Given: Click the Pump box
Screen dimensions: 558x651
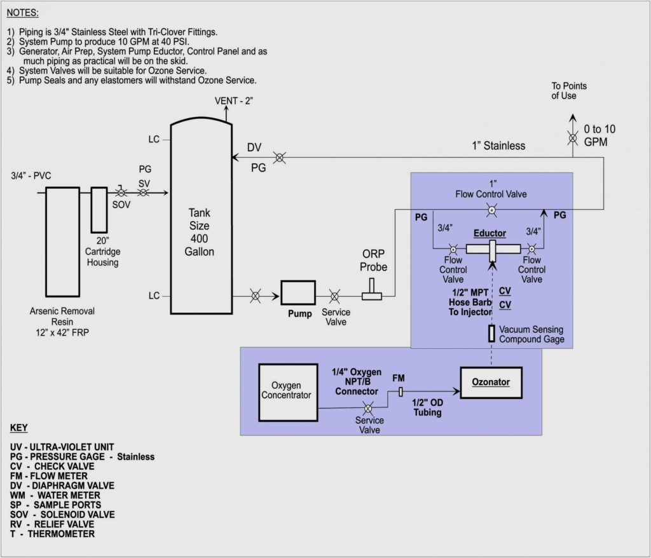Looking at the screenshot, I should [298, 295].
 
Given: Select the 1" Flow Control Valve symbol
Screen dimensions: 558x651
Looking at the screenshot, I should [491, 209].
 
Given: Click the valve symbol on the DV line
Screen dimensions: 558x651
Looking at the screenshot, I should [278, 156].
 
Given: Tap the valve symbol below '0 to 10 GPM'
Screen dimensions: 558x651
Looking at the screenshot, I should [573, 137].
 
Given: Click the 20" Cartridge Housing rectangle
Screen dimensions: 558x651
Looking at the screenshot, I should [99, 209].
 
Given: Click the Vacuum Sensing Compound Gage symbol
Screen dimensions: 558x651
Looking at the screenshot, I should [491, 334].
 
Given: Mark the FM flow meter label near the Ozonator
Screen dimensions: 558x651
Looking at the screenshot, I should [399, 378].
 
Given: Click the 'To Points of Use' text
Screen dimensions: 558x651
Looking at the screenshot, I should [569, 90].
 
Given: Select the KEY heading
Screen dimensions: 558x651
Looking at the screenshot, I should [19, 428].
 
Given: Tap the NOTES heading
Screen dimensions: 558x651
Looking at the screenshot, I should [24, 12].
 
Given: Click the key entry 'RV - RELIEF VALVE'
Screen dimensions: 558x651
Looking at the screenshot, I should [52, 524].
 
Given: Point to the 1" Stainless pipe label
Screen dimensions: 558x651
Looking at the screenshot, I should [498, 146].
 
